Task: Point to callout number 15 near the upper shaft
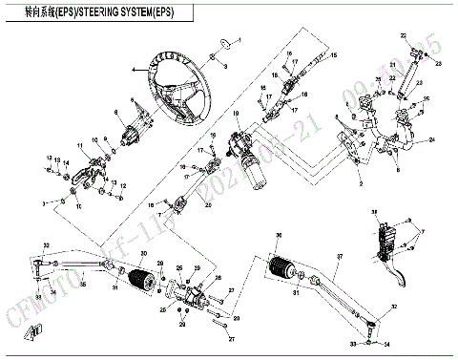click(334, 57)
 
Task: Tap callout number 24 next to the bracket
click(432, 139)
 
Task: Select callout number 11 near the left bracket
click(80, 146)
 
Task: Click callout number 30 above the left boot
click(143, 254)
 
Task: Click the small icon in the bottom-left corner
click(37, 331)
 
